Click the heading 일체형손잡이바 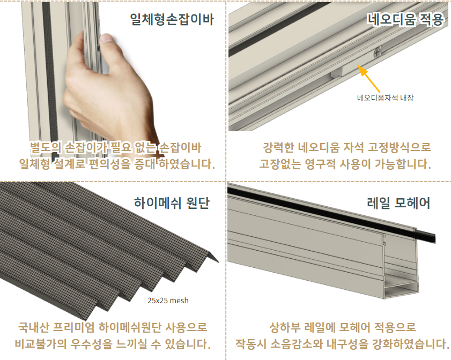point(172,19)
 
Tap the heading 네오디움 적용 point(405,19)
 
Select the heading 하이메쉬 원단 point(172,203)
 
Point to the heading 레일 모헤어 point(398,203)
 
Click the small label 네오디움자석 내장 point(385,97)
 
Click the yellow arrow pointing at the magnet point(369,78)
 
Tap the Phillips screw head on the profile point(377,52)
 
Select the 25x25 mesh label point(168,301)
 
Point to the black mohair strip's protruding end point(426,236)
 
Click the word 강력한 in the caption point(278,147)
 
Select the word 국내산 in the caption point(33,327)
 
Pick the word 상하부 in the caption point(285,327)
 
